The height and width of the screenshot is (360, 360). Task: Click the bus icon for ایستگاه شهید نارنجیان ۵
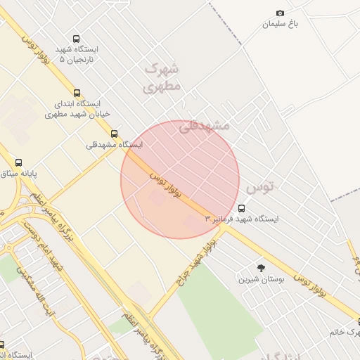[x=76, y=39]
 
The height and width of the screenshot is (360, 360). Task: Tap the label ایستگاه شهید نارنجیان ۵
[x=76, y=55]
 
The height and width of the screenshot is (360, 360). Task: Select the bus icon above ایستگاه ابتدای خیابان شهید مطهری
[x=76, y=93]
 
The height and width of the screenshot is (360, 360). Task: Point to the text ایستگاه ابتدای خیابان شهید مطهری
[x=75, y=109]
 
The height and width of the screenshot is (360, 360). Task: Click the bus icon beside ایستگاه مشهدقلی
[x=114, y=134]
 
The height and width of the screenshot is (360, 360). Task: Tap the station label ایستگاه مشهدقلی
[x=114, y=145]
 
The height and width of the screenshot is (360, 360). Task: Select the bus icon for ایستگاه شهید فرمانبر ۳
[x=242, y=208]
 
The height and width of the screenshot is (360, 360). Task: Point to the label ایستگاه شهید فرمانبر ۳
[x=242, y=219]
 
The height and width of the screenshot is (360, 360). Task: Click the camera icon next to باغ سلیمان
[x=280, y=13]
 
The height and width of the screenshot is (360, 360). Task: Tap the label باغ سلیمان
[x=281, y=24]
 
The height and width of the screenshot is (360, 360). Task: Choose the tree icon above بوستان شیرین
[x=262, y=268]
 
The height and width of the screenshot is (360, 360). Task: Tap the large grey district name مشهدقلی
[x=205, y=126]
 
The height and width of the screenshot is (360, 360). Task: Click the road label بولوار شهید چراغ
[x=197, y=259]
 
